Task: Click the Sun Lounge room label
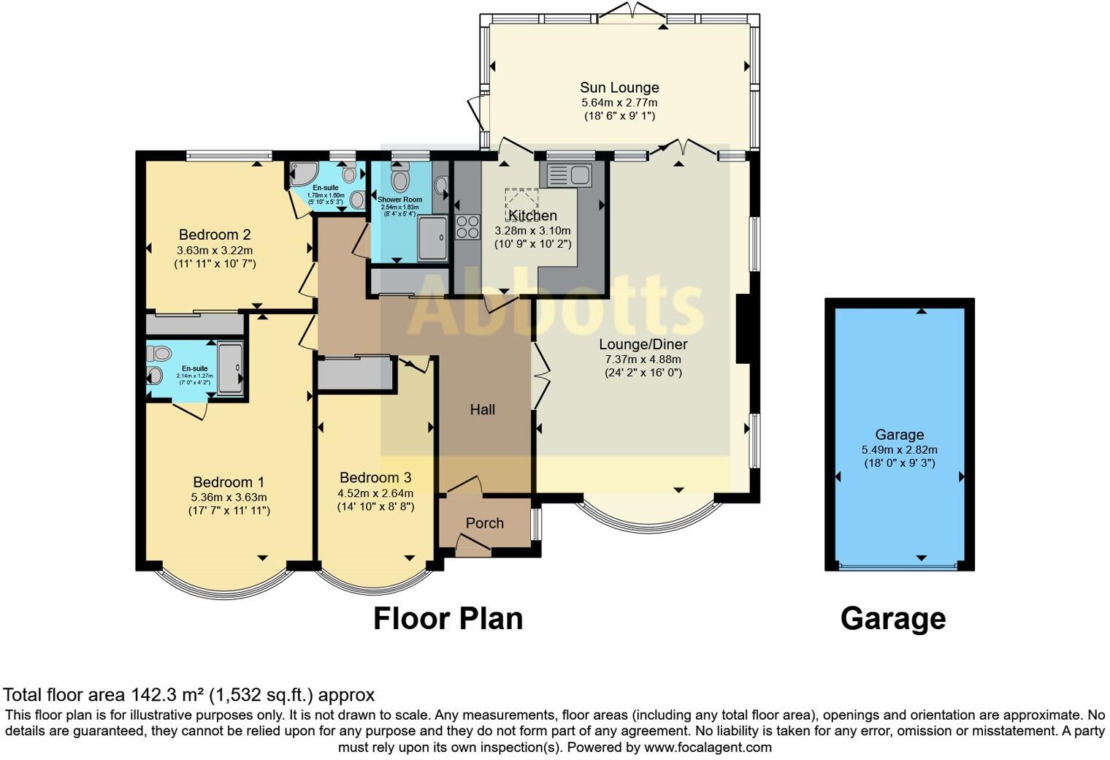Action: point(619,88)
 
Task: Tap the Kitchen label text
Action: point(532,216)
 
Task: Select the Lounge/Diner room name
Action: point(643,344)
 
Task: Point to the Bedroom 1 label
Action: point(229,482)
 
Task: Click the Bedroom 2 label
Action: point(215,235)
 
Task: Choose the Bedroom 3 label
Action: point(375,477)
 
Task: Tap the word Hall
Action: point(482,410)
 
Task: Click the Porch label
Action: point(484,523)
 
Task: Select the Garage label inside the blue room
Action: point(899,435)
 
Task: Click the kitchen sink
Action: point(567,175)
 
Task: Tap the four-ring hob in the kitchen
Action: point(467,227)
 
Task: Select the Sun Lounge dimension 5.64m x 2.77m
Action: point(619,103)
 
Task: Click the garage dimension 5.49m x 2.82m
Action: point(899,450)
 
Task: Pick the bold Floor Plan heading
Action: point(448,618)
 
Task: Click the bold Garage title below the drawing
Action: point(892,618)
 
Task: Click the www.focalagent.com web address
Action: point(708,748)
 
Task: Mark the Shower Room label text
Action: point(399,199)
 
